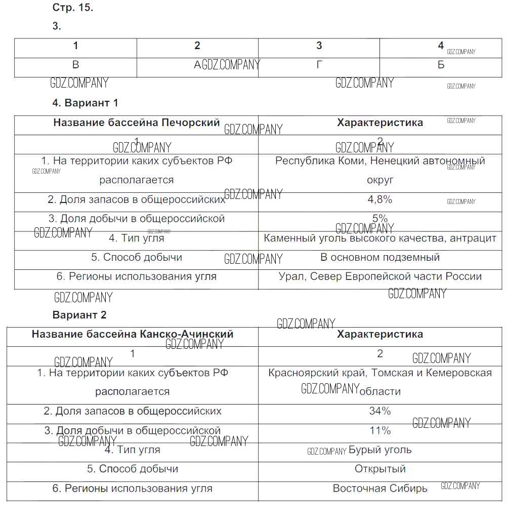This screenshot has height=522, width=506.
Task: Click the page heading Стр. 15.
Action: tap(73, 8)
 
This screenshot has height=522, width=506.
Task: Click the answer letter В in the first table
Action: tap(76, 65)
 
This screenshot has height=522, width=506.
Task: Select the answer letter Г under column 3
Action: tap(319, 65)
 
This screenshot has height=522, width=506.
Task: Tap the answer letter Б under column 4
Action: tap(441, 65)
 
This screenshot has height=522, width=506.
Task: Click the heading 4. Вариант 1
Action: tap(85, 103)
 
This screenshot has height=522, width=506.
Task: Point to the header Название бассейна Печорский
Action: tap(137, 123)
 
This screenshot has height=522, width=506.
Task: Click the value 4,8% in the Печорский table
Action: tap(379, 199)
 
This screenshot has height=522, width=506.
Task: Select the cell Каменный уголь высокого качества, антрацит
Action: tap(379, 238)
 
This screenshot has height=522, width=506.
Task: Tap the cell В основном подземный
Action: tap(379, 257)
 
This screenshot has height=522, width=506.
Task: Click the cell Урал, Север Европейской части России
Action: tap(379, 276)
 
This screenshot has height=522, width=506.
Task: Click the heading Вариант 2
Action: tap(79, 315)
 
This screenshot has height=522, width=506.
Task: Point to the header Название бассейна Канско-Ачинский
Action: tap(133, 334)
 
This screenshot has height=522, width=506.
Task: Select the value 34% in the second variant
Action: tap(380, 411)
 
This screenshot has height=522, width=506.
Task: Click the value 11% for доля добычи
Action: tap(380, 431)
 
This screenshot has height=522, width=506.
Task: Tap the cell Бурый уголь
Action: tap(380, 450)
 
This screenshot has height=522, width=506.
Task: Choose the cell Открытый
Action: tap(380, 469)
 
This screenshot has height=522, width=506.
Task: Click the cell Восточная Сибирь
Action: tap(380, 489)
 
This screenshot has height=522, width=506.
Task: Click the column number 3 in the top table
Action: tap(319, 46)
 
